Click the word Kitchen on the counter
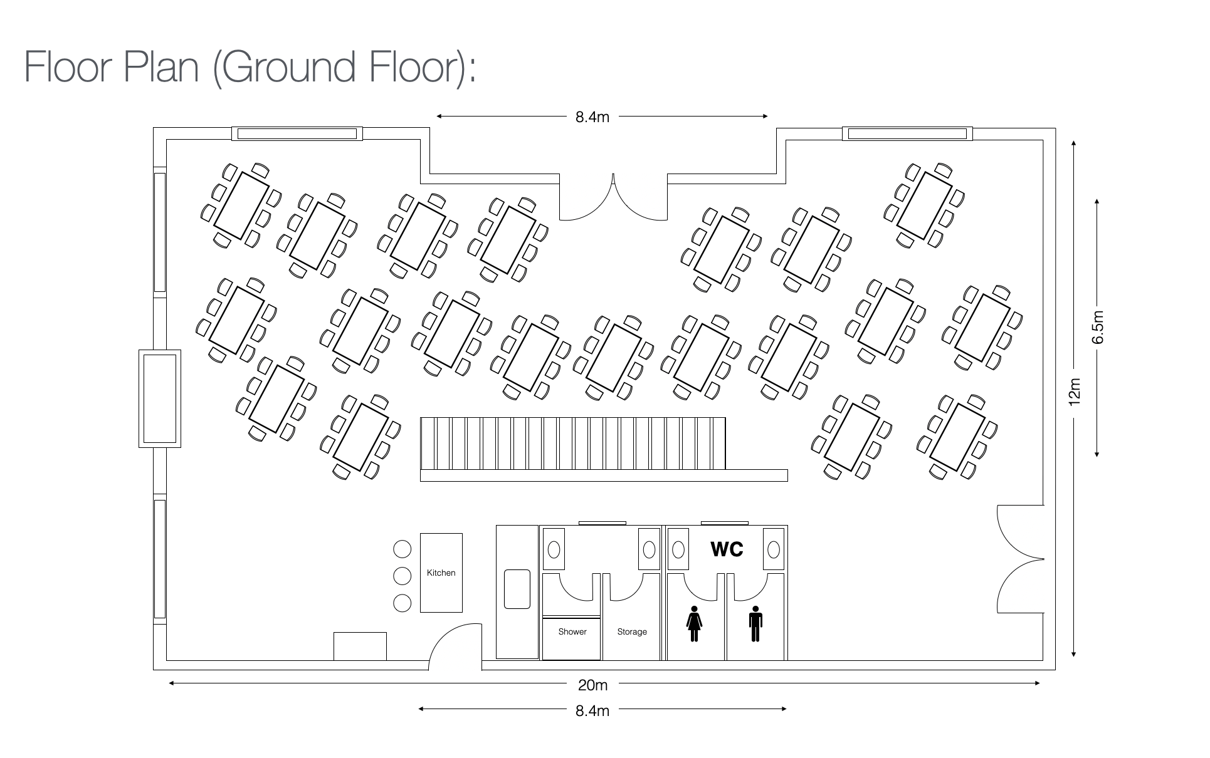coord(441,573)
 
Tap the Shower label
coord(572,631)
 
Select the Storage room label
coord(632,631)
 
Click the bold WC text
coord(727,549)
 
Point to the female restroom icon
coord(694,623)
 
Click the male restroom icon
coord(755,623)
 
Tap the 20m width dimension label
coord(592,685)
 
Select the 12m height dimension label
coord(1075,391)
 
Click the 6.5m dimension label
coord(1097,328)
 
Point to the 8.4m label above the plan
coord(592,117)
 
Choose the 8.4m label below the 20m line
coord(592,710)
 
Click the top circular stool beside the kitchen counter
coord(402,549)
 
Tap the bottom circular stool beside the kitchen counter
coord(402,603)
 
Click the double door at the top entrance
coord(613,199)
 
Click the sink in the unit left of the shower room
coord(517,589)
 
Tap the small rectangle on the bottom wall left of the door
coord(360,646)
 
